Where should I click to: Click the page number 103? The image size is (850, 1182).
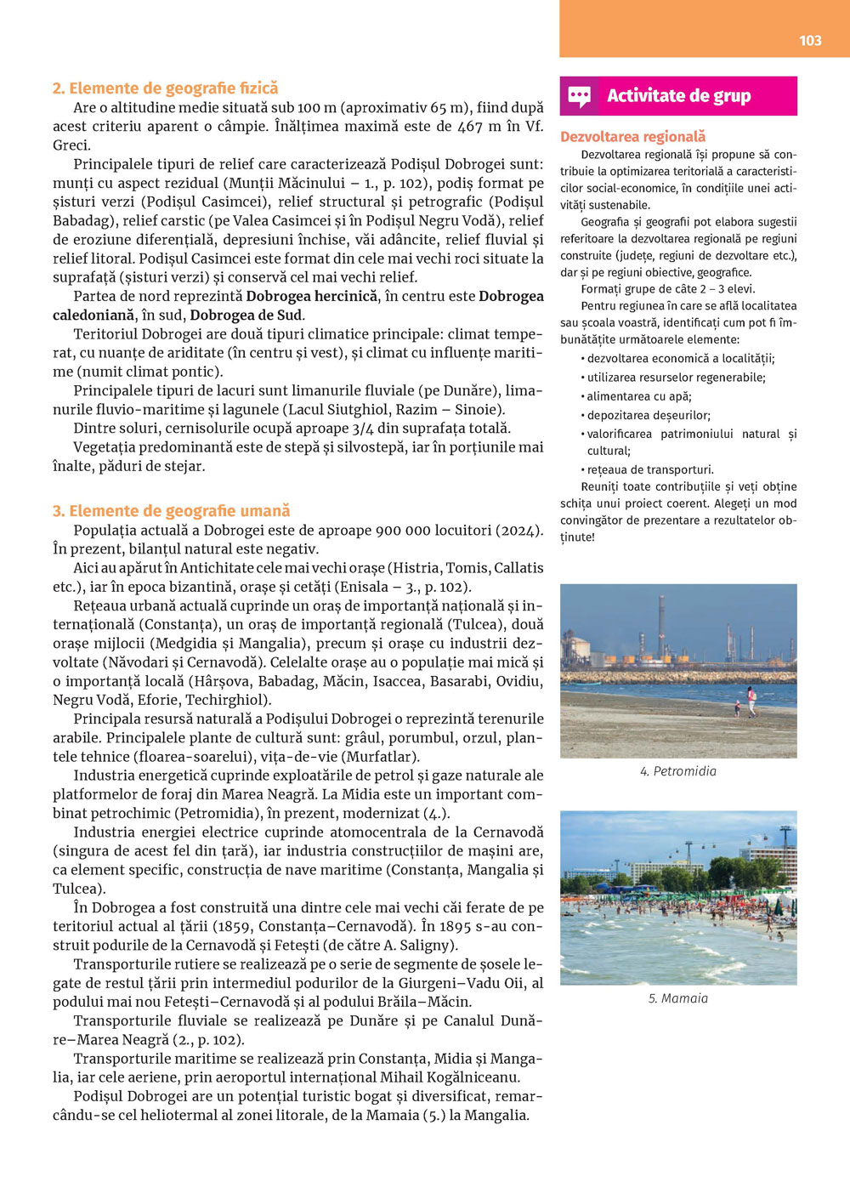click(x=810, y=40)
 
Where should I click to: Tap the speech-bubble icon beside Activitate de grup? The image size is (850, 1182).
click(x=580, y=96)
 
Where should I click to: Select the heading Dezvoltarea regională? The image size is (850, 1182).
click(x=632, y=136)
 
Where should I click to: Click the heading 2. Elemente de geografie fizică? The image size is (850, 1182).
click(x=165, y=88)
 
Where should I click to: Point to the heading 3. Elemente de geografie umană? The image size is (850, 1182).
click(x=171, y=510)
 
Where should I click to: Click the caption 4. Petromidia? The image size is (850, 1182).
click(x=677, y=771)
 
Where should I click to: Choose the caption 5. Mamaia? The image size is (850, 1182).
click(x=677, y=998)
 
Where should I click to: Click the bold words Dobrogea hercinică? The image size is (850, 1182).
click(x=311, y=296)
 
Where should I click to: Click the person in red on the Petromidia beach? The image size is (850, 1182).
click(x=751, y=701)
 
